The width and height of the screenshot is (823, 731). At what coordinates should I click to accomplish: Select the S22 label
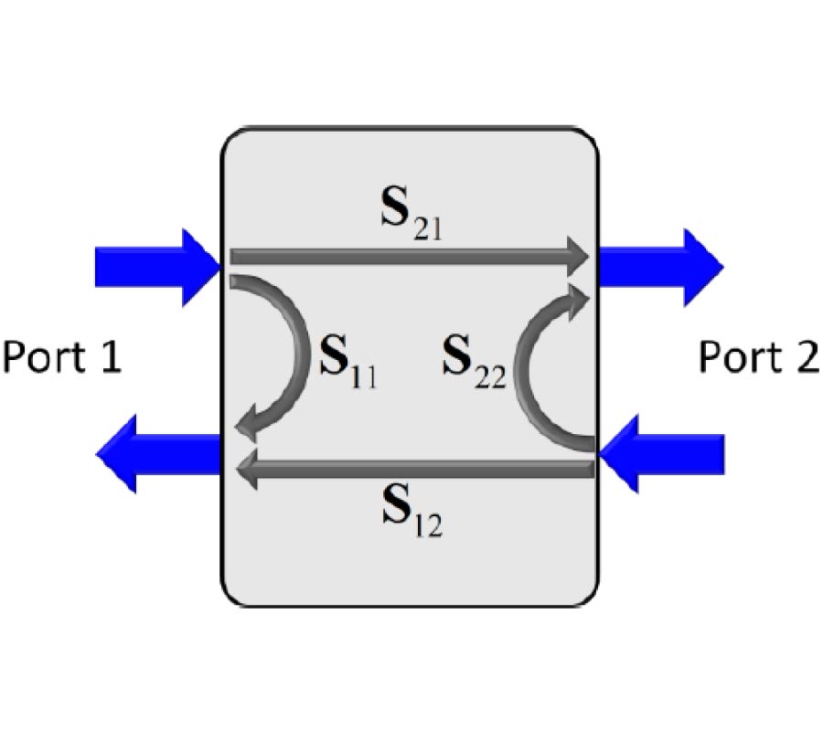(473, 359)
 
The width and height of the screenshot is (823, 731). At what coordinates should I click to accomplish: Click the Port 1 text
(61, 356)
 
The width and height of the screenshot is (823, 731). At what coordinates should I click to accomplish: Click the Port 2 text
(758, 356)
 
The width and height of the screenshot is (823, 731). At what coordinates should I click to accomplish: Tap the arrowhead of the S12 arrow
(245, 470)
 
